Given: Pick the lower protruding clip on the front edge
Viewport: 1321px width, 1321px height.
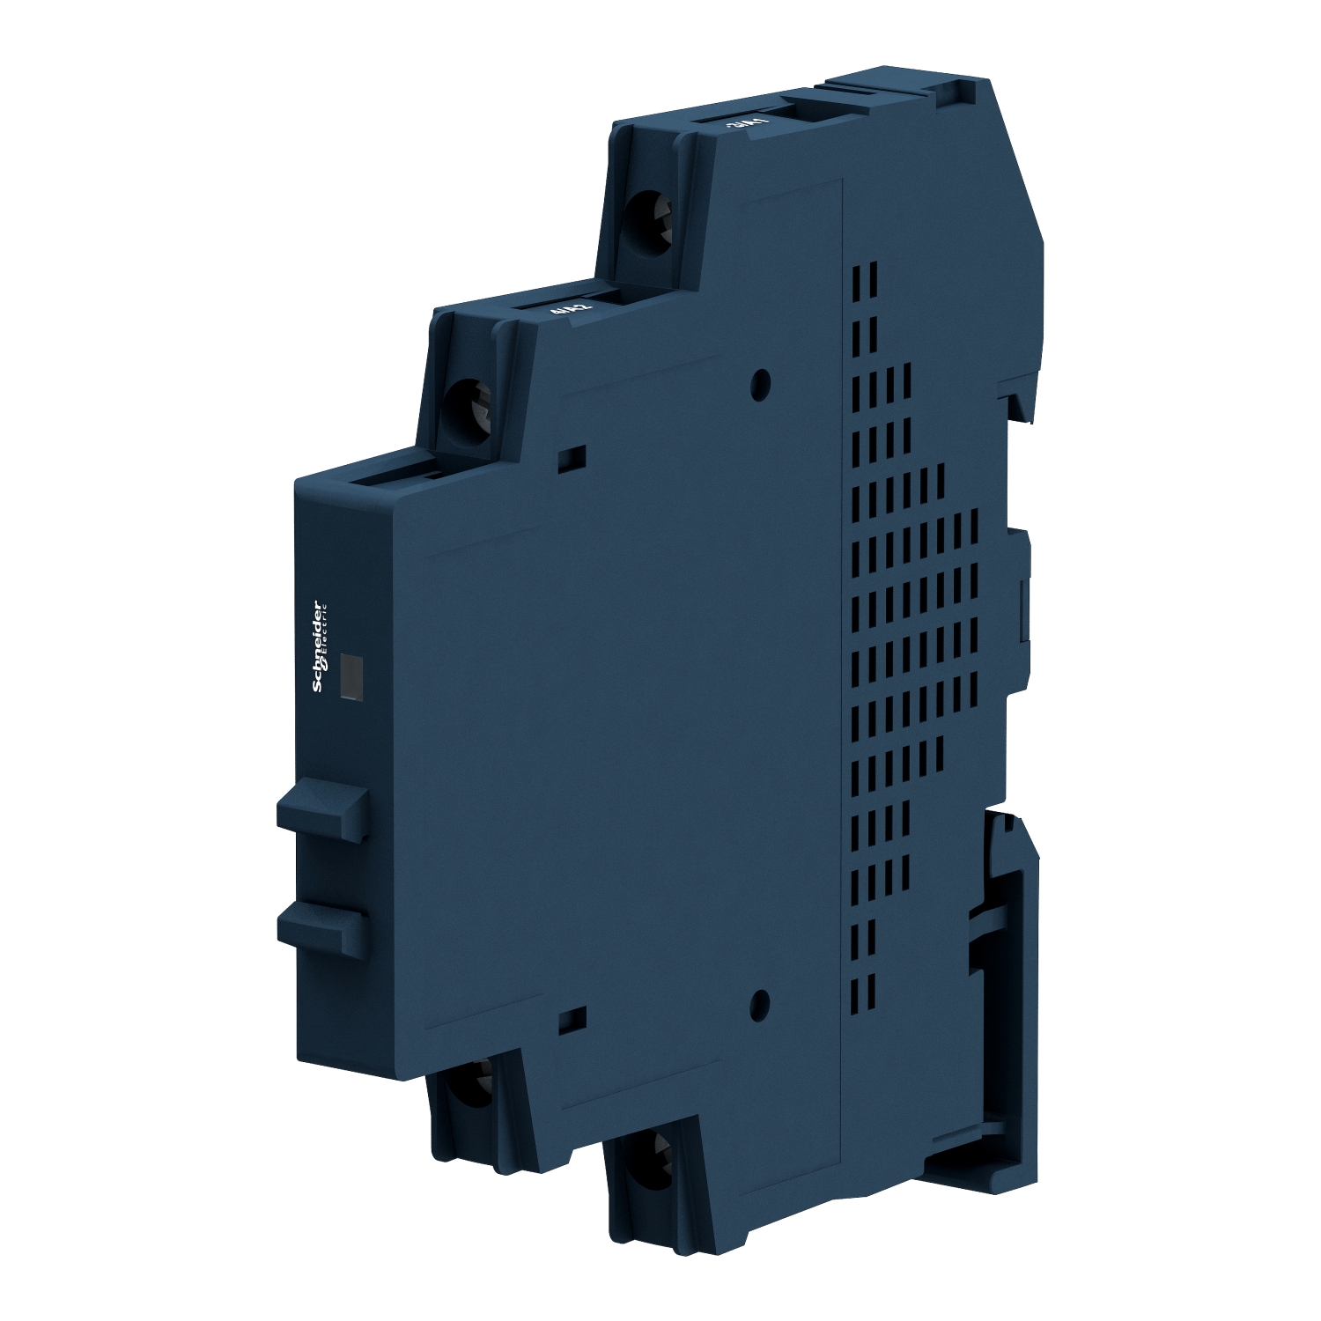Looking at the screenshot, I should tap(321, 925).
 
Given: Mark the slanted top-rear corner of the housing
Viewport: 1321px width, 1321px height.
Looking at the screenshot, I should tap(1013, 159).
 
